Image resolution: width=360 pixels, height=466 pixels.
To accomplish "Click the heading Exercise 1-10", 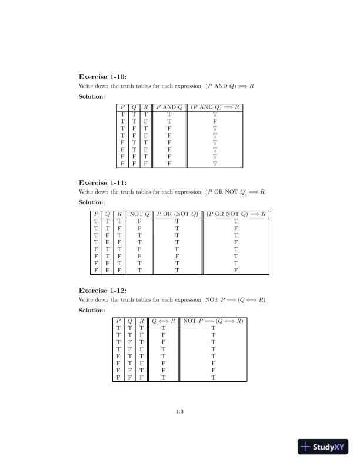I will click(102, 76).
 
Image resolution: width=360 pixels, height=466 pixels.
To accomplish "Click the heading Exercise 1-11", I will click(102, 182).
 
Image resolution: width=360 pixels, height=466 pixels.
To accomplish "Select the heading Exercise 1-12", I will click(102, 291).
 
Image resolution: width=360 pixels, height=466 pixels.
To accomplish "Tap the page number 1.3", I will click(180, 411).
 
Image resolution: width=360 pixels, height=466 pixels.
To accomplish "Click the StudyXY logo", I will click(324, 447).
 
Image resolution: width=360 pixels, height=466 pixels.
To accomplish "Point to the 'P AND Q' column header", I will click(169, 108).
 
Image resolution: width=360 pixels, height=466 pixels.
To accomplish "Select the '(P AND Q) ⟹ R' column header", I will click(215, 108).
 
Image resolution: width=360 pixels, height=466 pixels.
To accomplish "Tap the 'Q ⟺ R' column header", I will click(164, 321).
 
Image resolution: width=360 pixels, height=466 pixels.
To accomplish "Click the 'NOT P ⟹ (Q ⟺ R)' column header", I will click(213, 321).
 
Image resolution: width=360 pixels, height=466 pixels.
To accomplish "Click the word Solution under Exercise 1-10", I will click(92, 96).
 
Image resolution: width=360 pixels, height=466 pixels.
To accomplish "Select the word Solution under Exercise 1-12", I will click(92, 310).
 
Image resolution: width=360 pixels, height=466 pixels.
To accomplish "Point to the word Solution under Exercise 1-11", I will click(92, 202).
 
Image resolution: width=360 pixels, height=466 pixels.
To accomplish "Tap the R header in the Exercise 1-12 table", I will click(142, 321).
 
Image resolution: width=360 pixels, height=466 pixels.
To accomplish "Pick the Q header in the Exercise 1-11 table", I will click(108, 214).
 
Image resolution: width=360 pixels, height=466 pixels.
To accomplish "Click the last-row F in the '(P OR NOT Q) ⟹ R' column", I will click(236, 271).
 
